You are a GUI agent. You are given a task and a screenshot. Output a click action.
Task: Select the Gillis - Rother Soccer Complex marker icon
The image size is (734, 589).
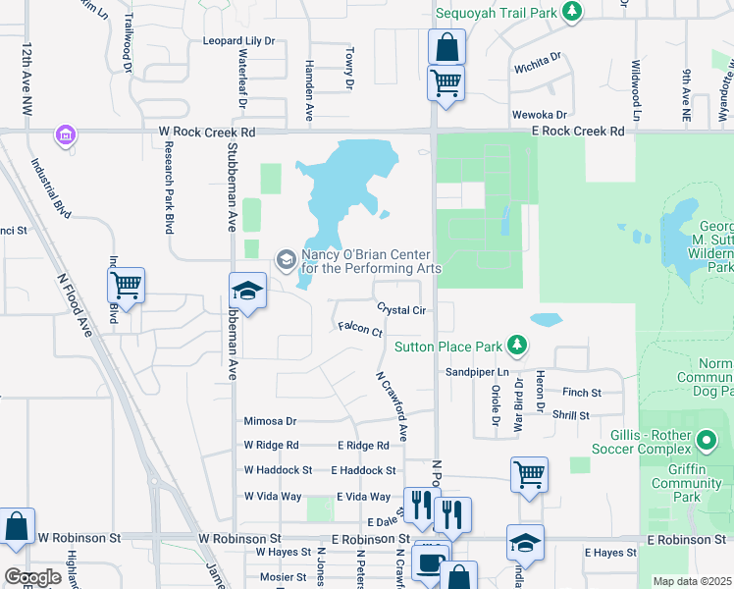pos(707,439)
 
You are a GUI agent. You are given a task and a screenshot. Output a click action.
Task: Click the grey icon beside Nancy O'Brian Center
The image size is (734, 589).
pos(286,259)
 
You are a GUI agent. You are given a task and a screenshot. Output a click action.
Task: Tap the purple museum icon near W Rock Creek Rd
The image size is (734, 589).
pos(66,134)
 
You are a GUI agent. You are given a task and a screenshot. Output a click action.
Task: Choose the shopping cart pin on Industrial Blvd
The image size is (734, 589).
pos(126,286)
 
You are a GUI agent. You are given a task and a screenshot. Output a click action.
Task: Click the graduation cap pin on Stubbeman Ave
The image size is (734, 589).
pos(247,291)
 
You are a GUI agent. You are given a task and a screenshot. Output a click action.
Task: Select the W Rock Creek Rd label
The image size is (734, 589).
pos(208,132)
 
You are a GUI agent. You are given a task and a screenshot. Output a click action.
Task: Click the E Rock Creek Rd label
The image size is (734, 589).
pos(576,131)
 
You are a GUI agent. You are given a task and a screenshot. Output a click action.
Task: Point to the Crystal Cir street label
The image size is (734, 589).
pos(400,310)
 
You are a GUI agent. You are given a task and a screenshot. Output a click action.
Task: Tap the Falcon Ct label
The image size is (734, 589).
pos(359,330)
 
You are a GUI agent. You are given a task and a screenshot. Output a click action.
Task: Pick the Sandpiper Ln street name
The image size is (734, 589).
pos(478,372)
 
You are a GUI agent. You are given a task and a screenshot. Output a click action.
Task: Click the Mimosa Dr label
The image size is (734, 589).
pos(270,421)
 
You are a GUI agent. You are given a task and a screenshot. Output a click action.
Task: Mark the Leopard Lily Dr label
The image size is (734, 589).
pos(238,41)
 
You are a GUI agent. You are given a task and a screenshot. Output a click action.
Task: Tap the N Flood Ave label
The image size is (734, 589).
pos(76,305)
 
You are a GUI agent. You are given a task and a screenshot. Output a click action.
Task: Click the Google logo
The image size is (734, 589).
pos(32,577)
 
